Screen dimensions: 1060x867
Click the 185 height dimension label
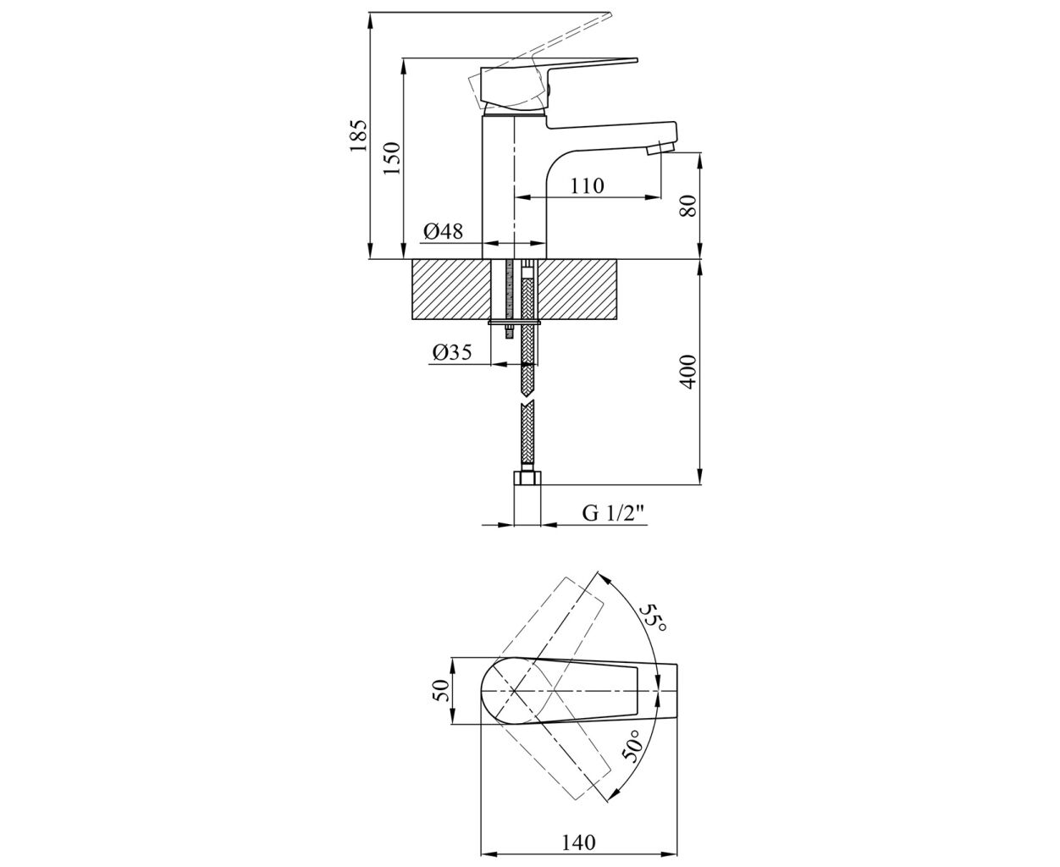pos(359,135)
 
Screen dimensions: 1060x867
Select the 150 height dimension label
pos(392,157)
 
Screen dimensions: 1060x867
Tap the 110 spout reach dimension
pos(587,186)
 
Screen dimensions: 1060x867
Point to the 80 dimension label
pos(688,205)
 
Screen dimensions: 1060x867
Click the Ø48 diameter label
pos(443,231)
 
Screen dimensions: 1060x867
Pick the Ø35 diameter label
pos(452,352)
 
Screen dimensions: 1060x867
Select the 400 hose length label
pos(688,372)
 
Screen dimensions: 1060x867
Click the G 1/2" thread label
pos(613,513)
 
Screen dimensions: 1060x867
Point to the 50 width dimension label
pos(440,690)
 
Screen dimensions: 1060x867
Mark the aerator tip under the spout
pos(660,148)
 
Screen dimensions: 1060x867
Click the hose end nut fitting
pos(527,478)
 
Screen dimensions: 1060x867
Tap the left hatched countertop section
pos(450,290)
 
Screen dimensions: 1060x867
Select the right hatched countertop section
pos(577,290)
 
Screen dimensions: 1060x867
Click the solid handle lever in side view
pos(553,86)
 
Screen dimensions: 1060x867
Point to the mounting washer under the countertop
pos(514,323)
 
